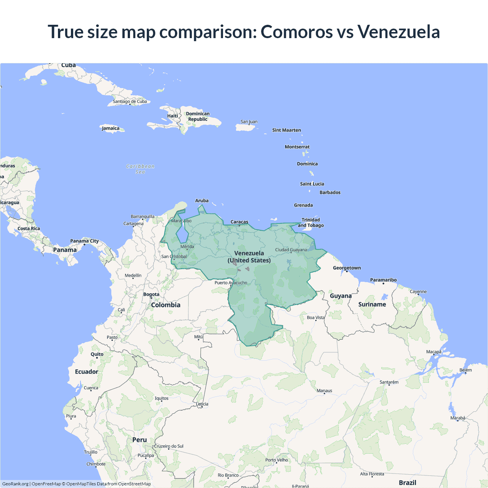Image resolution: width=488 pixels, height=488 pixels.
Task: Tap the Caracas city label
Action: coord(239,222)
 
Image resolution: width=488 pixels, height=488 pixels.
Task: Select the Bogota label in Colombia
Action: coord(151,294)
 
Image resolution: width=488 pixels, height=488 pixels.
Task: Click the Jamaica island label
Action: coord(111,128)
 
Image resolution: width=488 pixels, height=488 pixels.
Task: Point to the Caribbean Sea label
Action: coord(140,169)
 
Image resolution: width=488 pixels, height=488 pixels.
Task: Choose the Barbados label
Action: coord(330,193)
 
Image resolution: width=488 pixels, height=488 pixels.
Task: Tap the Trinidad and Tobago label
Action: coord(311,223)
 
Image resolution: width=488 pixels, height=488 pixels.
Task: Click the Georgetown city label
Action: coord(347,268)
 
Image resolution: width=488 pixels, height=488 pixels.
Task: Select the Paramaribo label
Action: coord(383,280)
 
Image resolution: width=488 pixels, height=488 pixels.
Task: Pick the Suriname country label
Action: coord(372,304)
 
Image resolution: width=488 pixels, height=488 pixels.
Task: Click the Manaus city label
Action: coord(324,391)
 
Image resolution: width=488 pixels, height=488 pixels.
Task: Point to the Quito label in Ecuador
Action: coord(97,354)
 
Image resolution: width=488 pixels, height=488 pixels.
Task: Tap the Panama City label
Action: coord(84,241)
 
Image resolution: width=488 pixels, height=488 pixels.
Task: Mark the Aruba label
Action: coord(202,201)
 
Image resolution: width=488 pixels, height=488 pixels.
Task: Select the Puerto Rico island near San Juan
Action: coord(245,128)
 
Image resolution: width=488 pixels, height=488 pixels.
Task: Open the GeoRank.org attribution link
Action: coord(15,484)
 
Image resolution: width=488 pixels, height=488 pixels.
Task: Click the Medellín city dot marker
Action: coord(133,278)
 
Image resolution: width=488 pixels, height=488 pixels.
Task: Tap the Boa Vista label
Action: coord(316,318)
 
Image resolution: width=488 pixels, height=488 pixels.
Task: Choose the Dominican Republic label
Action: coord(197,116)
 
